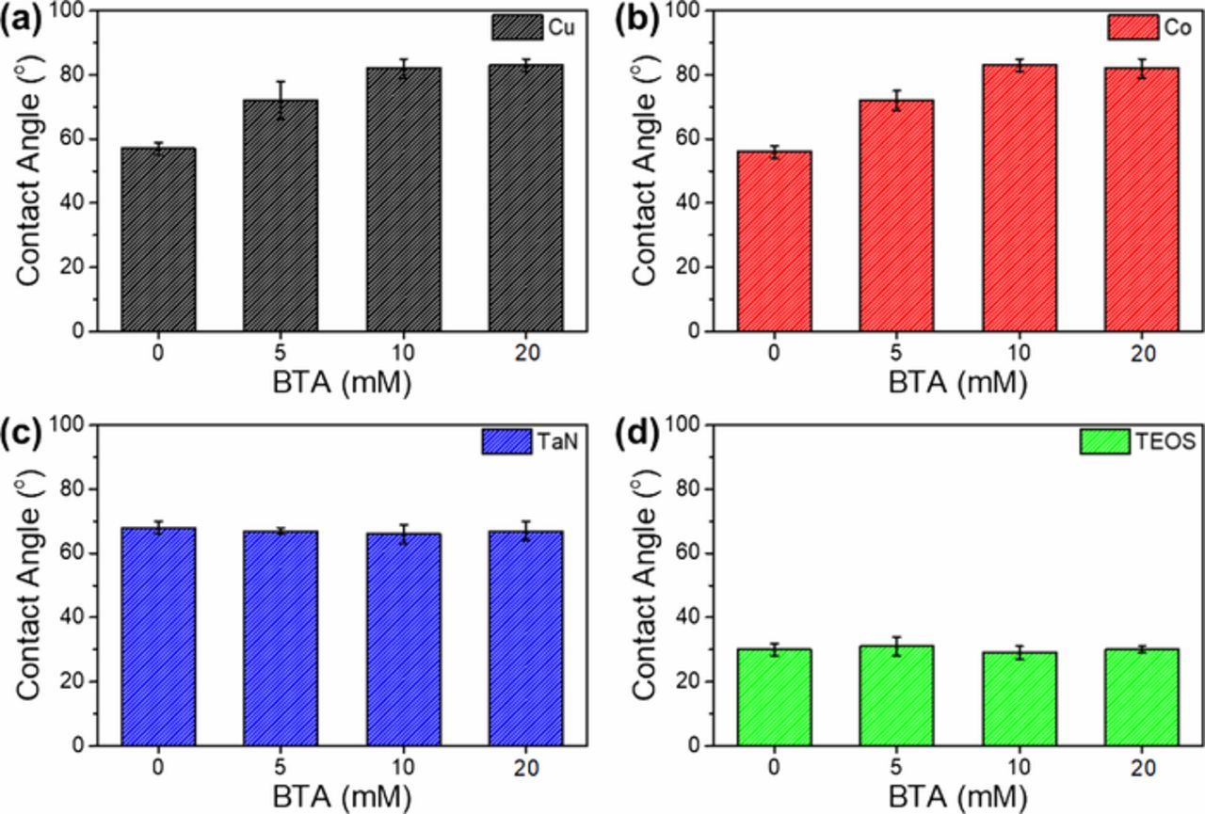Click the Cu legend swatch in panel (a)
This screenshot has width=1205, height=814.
pos(518,26)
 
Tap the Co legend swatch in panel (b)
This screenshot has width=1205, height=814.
pos(1131,26)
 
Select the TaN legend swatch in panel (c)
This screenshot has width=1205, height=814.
pos(507,441)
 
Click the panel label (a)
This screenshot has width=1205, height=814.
pos(23,22)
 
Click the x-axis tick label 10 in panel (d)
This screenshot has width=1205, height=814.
pos(1019,769)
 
